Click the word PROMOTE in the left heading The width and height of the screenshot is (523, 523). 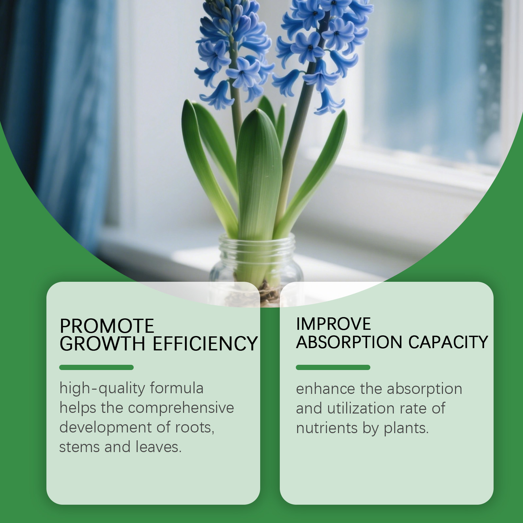coord(107,326)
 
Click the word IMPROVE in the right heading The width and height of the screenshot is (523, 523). coord(333,324)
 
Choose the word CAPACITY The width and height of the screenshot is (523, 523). coord(448,342)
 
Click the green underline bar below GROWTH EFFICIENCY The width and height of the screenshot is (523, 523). coord(96,367)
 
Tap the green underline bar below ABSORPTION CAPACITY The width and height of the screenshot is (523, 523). coord(333,367)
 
